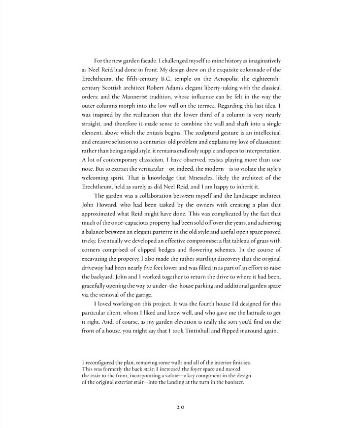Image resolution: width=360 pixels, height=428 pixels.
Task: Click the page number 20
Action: pos(180,407)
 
